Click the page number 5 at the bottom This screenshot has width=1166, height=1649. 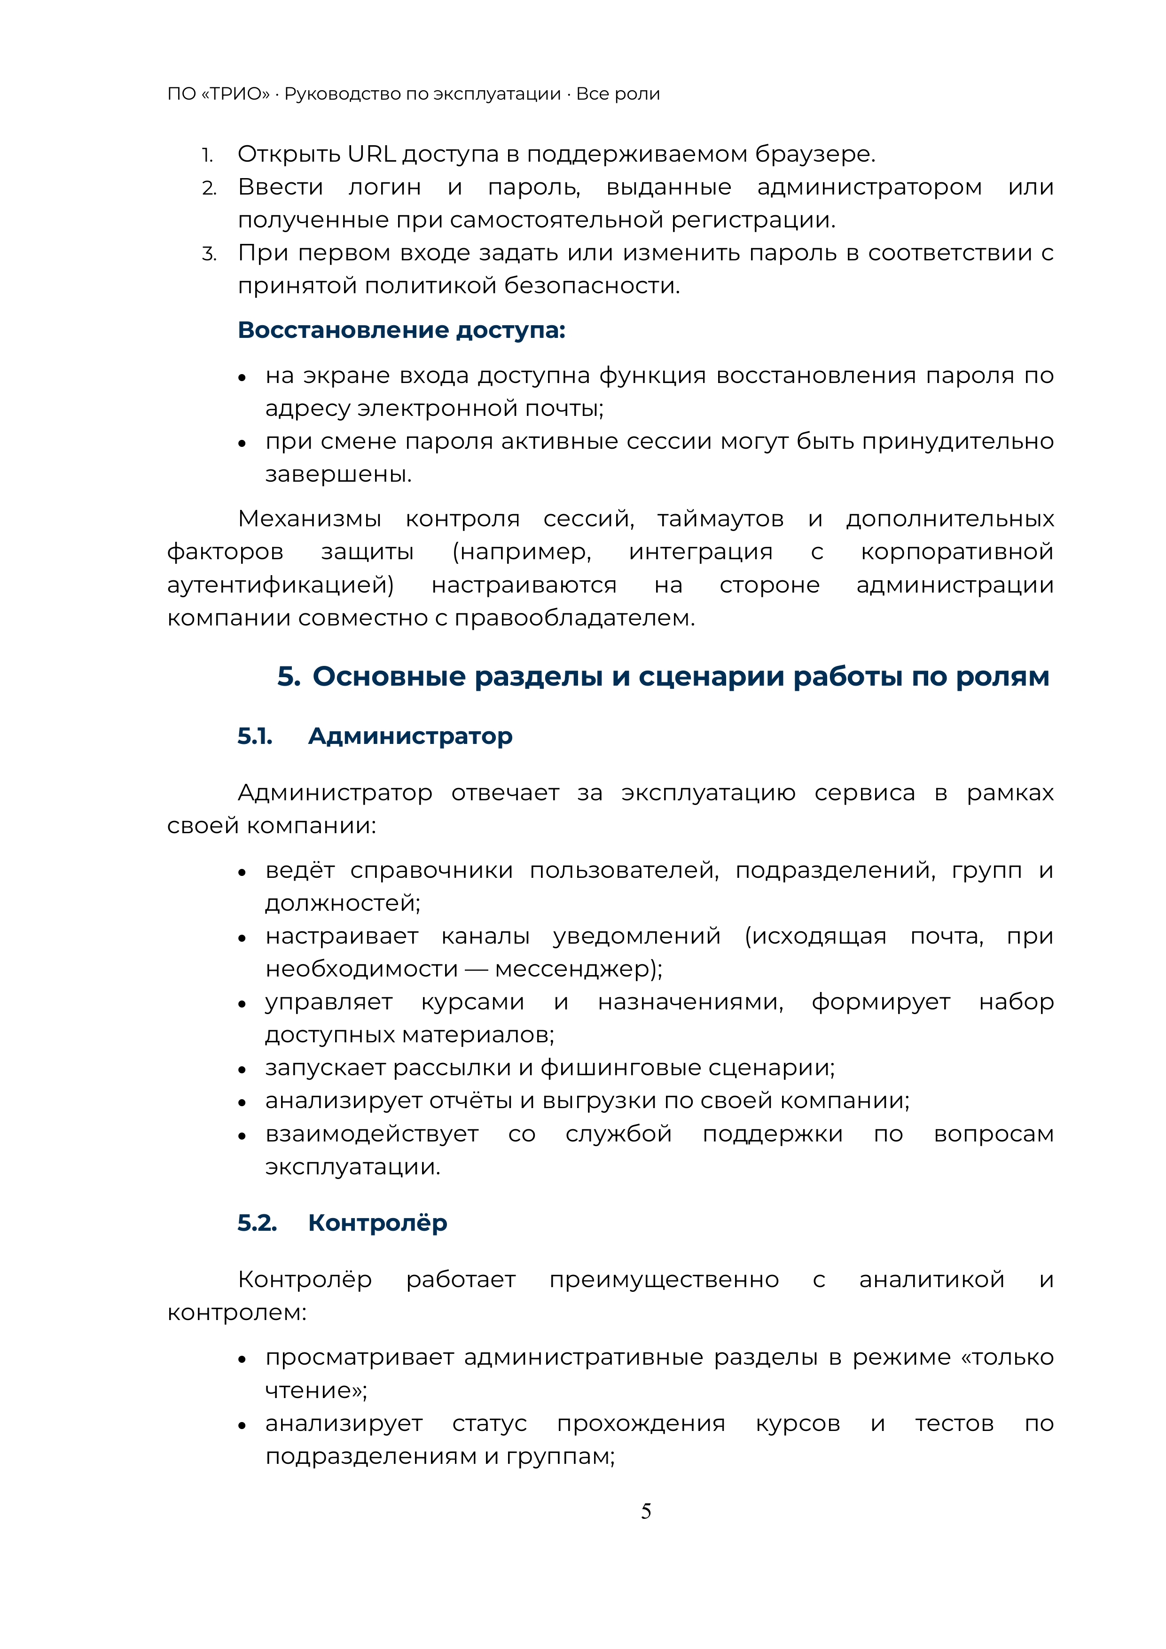[646, 1511]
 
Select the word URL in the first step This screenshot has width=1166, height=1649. [371, 155]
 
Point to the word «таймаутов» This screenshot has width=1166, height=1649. [720, 518]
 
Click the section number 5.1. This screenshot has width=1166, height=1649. [255, 736]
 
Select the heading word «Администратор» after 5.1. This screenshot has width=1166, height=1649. [410, 736]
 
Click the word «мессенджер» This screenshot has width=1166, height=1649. [572, 969]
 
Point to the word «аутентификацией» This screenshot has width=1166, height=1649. [280, 585]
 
